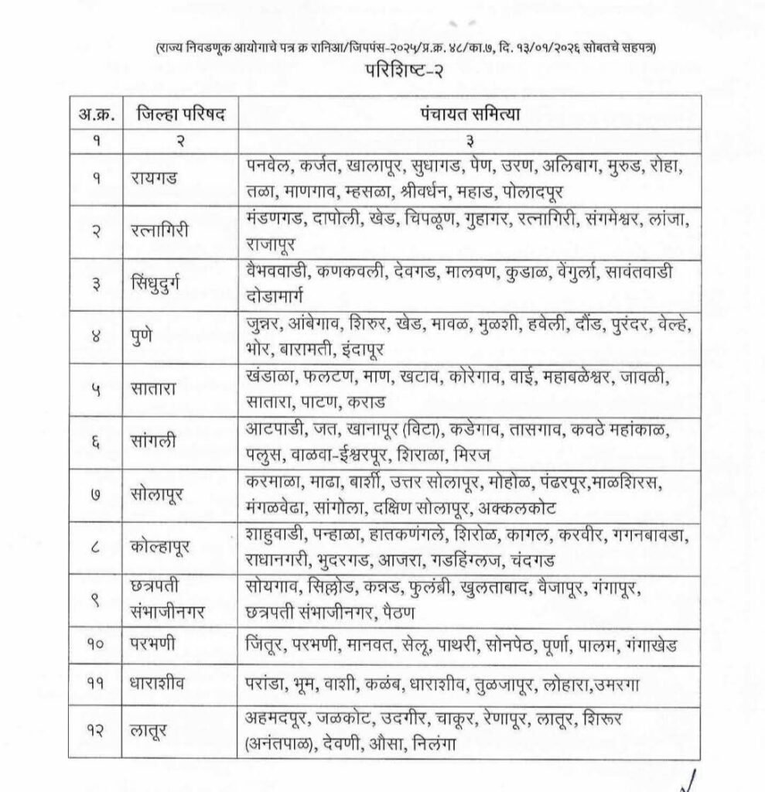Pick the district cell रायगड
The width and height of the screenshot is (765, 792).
[x=154, y=178]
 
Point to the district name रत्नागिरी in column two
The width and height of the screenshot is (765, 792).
[x=160, y=231]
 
